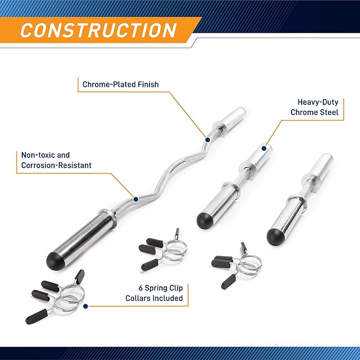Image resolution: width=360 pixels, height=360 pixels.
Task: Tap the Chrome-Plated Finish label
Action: coord(120,84)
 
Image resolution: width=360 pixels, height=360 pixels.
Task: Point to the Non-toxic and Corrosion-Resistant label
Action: coord(56,160)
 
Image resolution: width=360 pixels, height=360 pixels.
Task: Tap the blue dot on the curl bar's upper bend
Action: coord(207,140)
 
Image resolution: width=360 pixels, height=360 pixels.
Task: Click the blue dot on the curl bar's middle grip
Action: coord(136,199)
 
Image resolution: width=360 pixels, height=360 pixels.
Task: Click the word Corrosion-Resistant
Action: coord(56,165)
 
